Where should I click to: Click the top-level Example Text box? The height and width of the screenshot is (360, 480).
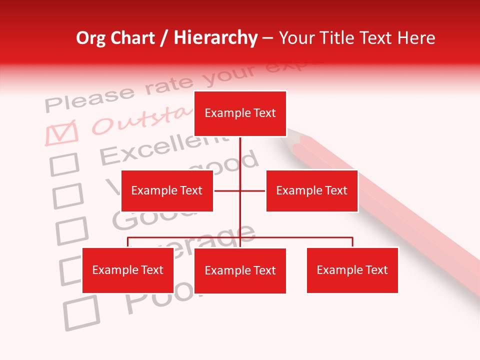coord(240,113)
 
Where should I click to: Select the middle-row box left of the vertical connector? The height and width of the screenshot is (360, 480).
coord(167,190)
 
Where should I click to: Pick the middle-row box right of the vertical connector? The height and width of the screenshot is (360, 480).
coord(311,190)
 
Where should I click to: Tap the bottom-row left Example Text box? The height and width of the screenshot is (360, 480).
coord(128,270)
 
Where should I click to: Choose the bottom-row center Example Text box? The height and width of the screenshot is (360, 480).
coord(240,270)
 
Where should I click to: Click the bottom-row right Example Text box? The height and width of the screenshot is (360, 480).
coord(352,270)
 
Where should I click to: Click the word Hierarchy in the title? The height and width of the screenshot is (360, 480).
coord(215,38)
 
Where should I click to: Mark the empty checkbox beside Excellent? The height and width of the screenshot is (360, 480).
coord(64,164)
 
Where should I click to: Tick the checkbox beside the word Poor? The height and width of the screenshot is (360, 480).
coord(81,312)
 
